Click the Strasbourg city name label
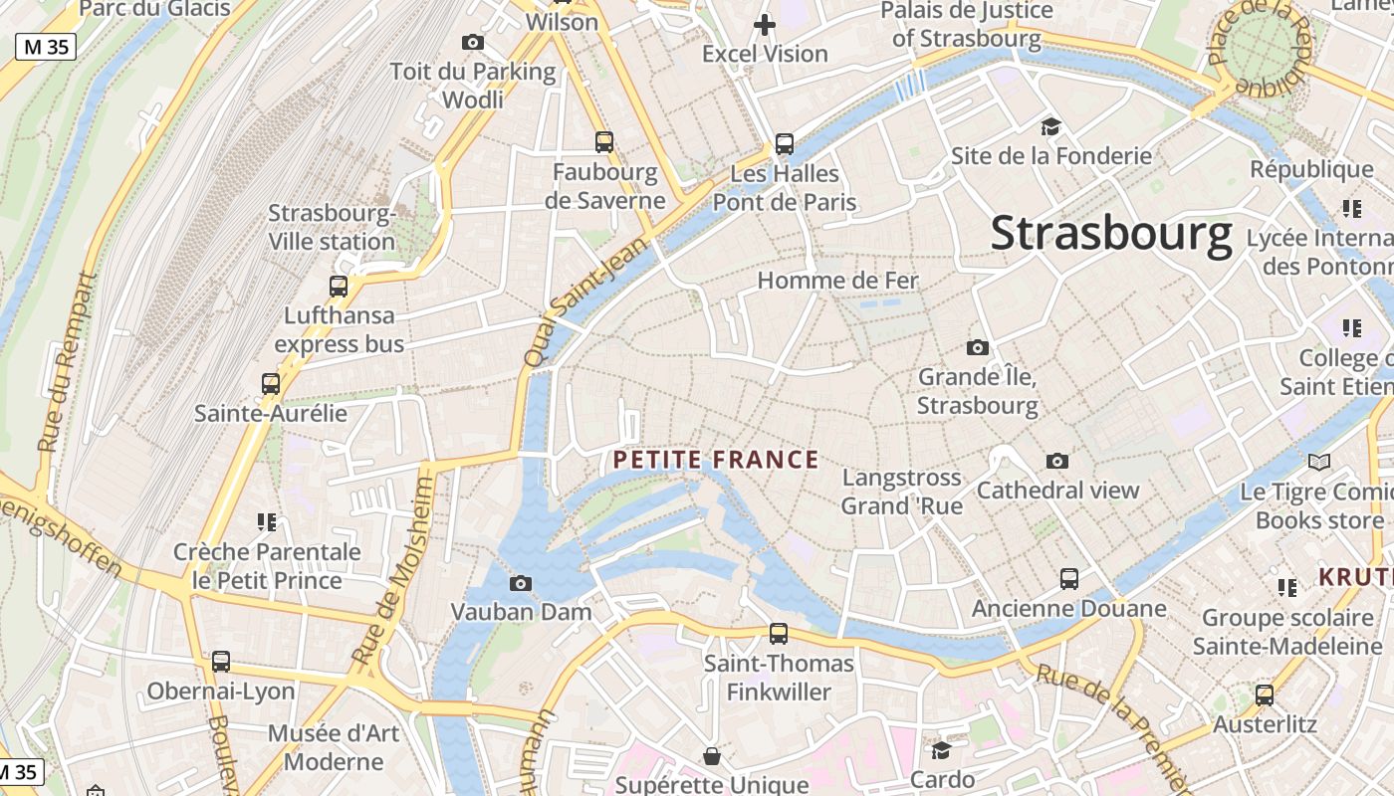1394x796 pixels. coord(1111,234)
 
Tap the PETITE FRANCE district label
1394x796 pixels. coord(716,460)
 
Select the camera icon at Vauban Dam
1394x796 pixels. coord(520,584)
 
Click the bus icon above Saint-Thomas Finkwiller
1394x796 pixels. coord(779,634)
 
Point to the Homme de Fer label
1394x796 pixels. coord(837,281)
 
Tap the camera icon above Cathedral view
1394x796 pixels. coord(1057,461)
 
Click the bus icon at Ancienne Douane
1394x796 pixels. coord(1069,579)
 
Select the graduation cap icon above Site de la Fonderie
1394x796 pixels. coord(1050,127)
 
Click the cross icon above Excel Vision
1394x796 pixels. coord(765,25)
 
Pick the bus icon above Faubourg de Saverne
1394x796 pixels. coord(604,142)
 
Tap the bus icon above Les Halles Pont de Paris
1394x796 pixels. coord(785,145)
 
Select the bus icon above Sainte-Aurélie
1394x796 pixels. coord(271,384)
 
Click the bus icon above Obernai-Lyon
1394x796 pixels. coord(221,662)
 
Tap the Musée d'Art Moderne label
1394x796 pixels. coord(333,747)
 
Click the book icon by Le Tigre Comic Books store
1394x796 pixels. coord(1319,463)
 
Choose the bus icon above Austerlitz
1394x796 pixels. coord(1265,696)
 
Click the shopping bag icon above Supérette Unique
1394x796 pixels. coord(712,757)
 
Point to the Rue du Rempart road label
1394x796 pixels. coord(68,363)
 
